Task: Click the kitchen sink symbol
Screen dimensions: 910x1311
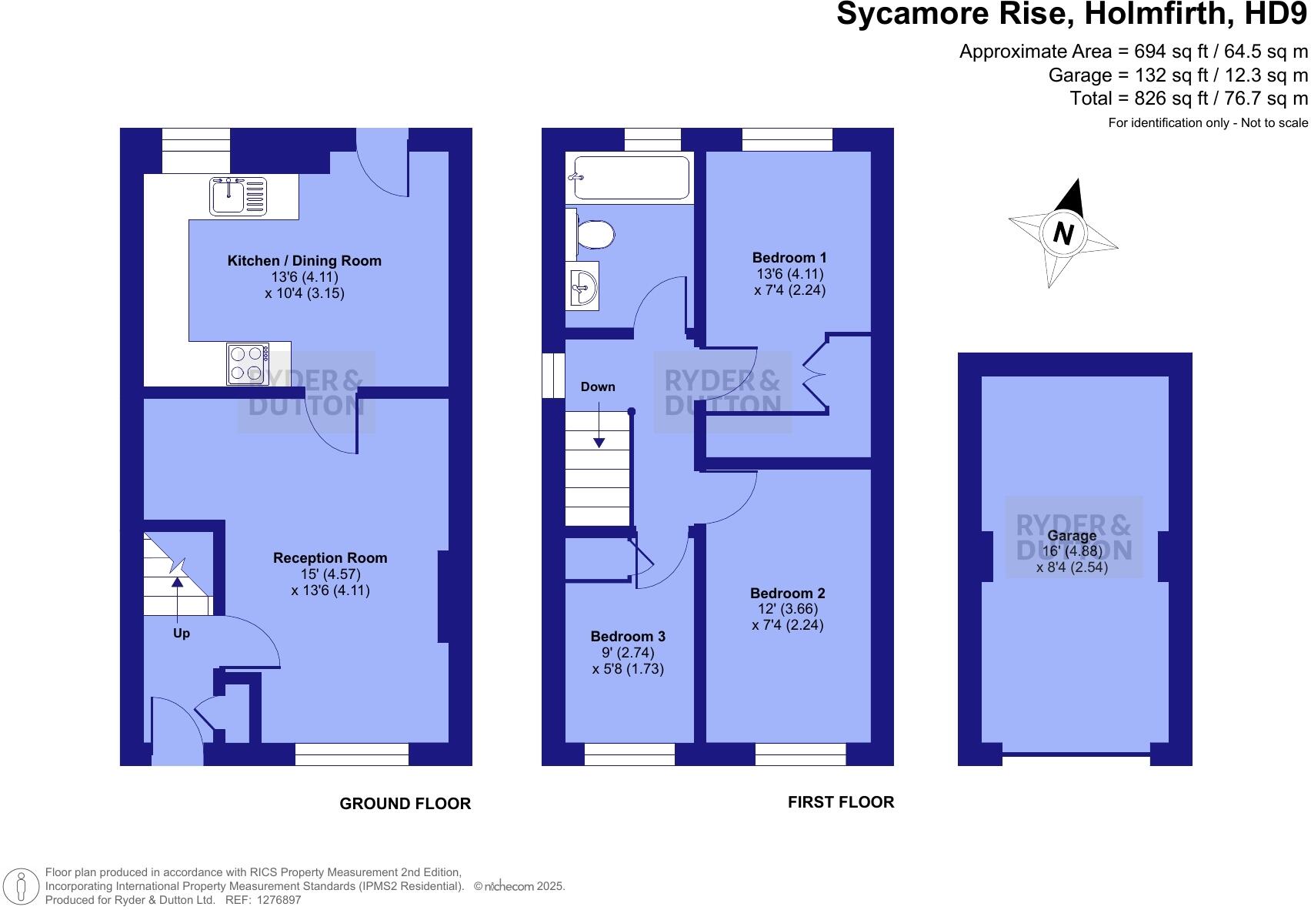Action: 238,195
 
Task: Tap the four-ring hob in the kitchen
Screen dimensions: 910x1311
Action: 248,363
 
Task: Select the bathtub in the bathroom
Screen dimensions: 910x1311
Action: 629,178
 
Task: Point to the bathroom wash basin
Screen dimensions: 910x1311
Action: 582,286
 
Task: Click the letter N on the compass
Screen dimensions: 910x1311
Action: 1063,233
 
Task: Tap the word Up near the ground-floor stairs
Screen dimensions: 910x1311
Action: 182,633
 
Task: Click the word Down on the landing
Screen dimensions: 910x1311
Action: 598,386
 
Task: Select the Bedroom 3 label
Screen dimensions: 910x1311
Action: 628,636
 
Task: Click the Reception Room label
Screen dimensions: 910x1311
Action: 330,557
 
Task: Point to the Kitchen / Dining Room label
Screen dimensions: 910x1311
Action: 304,260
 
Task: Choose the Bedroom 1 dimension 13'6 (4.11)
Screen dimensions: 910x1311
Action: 789,274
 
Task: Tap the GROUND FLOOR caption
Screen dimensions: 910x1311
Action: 405,803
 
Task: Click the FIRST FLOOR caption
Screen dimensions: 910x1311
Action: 840,801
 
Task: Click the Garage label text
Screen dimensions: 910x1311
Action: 1072,535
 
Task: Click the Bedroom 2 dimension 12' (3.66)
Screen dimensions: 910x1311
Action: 788,608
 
